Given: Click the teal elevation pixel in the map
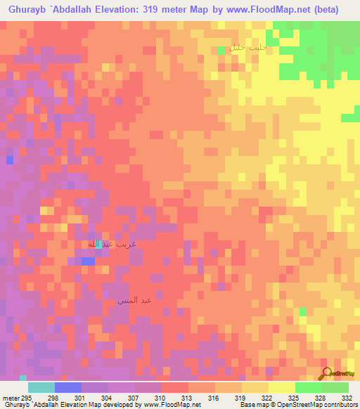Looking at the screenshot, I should [x=98, y=244].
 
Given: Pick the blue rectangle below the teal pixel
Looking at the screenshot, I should [x=88, y=261].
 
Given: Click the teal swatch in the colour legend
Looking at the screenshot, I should [x=41, y=387].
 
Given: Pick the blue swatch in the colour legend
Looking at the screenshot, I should [x=68, y=387].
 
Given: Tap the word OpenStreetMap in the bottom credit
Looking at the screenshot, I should [x=304, y=405].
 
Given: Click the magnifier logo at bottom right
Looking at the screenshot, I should [x=327, y=375].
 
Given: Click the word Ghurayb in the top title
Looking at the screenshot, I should [x=24, y=10].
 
